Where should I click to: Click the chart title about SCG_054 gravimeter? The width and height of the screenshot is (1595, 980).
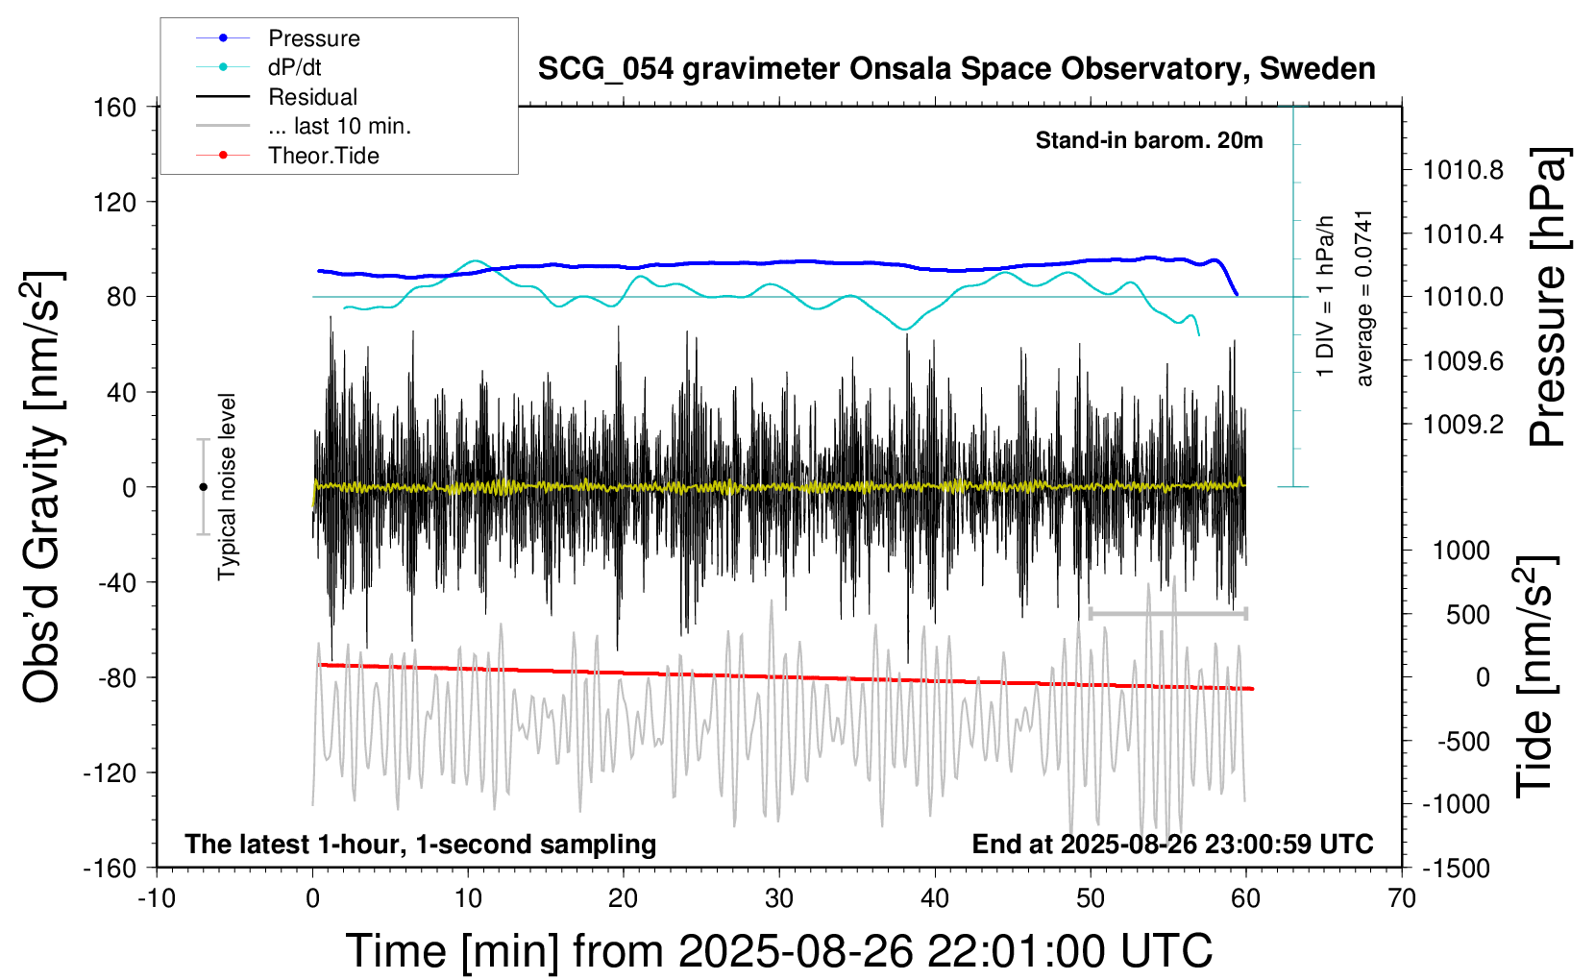pyautogui.click(x=956, y=69)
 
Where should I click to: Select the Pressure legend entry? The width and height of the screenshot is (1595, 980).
pyautogui.click(x=313, y=38)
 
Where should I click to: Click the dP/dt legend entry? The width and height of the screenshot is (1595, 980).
pyautogui.click(x=294, y=67)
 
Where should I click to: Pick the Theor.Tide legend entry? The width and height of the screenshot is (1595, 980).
pyautogui.click(x=323, y=156)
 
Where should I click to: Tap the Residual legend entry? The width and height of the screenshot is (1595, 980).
pyautogui.click(x=312, y=97)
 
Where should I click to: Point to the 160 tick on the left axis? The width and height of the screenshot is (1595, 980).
pyautogui.click(x=114, y=107)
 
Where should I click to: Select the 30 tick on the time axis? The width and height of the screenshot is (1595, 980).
pyautogui.click(x=779, y=898)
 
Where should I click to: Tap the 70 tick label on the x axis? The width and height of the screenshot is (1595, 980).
pyautogui.click(x=1402, y=898)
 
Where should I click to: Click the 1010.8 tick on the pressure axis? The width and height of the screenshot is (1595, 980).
pyautogui.click(x=1462, y=171)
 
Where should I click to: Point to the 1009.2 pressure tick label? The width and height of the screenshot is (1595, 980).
pyautogui.click(x=1462, y=425)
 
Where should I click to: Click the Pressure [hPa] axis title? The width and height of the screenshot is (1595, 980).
pyautogui.click(x=1549, y=297)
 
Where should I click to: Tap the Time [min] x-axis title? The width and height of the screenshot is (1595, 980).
pyautogui.click(x=778, y=951)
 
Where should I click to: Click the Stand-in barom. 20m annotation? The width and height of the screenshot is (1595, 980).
pyautogui.click(x=1149, y=140)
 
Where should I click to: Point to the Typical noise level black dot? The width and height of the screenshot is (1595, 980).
pyautogui.click(x=203, y=487)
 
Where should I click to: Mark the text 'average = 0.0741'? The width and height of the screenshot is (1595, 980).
pyautogui.click(x=1364, y=299)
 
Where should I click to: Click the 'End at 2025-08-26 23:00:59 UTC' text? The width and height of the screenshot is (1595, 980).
pyautogui.click(x=1172, y=845)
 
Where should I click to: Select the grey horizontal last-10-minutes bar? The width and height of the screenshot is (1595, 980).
pyautogui.click(x=1167, y=613)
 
